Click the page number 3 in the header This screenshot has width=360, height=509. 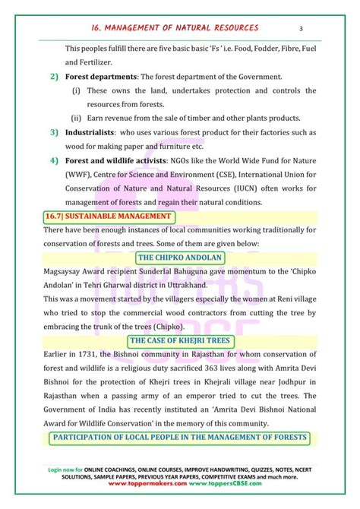pos(302,29)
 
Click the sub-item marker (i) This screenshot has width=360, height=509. pos(77,90)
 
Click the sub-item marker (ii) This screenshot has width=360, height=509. pos(77,118)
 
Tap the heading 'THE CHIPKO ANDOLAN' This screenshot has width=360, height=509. pos(179,258)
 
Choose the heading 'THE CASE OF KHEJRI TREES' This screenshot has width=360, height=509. pos(179,341)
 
